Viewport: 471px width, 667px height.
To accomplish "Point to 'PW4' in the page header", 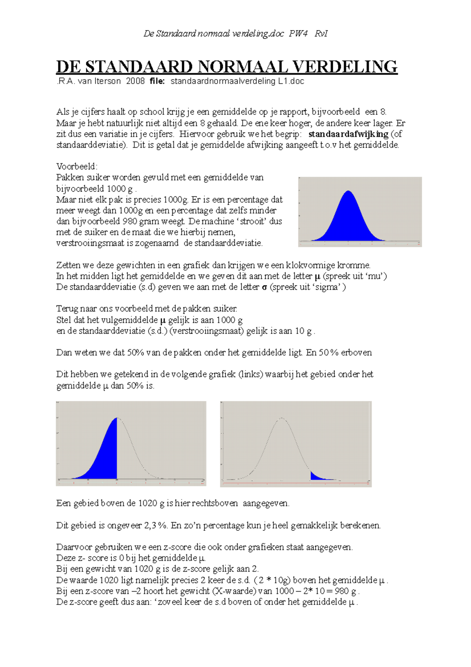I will point(298,34).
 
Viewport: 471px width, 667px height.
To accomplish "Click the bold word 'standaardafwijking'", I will point(348,134).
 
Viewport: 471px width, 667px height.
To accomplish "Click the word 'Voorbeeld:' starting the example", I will point(77,167).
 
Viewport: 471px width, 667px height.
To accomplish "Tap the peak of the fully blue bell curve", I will point(348,192).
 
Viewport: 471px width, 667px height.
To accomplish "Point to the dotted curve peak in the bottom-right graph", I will point(281,418).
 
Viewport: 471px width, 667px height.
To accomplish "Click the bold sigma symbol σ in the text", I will point(265,287).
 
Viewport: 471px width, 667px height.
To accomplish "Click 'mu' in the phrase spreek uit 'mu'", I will point(375,276).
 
